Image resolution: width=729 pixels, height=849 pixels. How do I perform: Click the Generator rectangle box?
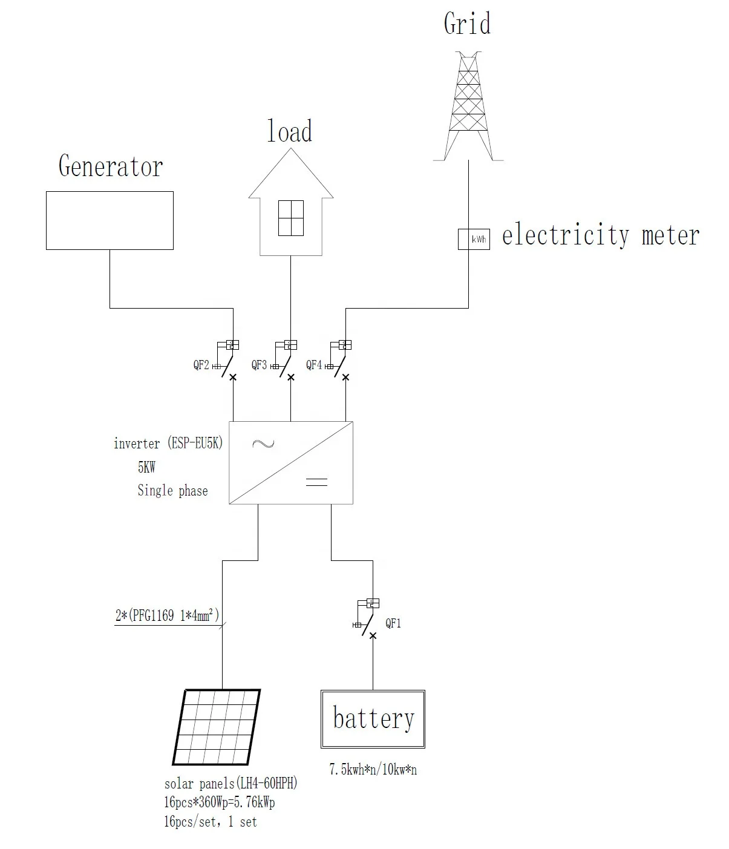tap(110, 220)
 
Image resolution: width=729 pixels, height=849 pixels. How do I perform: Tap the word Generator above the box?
tap(111, 166)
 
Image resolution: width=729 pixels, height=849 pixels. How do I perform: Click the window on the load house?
tap(290, 218)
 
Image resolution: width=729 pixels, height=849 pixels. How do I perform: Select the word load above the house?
tap(290, 132)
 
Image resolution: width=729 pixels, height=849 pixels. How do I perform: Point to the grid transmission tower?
tap(468, 106)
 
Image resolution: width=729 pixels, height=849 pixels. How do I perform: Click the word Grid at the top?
tap(467, 24)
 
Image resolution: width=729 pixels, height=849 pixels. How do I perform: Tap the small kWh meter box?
tap(473, 239)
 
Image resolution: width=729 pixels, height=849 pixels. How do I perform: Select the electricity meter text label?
tap(600, 235)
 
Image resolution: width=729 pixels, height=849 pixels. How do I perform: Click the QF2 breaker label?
tap(201, 365)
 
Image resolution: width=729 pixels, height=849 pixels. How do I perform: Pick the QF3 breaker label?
tap(260, 365)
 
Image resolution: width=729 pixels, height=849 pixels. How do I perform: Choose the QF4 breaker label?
tap(314, 365)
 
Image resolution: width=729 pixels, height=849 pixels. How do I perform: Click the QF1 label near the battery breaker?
tap(393, 623)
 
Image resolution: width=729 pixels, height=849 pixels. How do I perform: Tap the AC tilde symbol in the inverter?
tap(263, 444)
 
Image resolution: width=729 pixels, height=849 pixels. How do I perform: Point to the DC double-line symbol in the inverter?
tap(316, 482)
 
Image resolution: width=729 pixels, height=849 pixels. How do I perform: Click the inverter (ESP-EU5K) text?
tap(168, 444)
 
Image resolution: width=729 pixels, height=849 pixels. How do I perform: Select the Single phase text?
tap(172, 491)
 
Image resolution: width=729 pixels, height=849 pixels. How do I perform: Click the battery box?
tap(373, 718)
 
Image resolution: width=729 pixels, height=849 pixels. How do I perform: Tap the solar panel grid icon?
tap(217, 727)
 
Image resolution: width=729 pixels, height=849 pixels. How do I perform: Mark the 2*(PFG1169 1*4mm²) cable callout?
tap(167, 617)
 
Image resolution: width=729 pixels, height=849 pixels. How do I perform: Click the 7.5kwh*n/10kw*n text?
tap(373, 770)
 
